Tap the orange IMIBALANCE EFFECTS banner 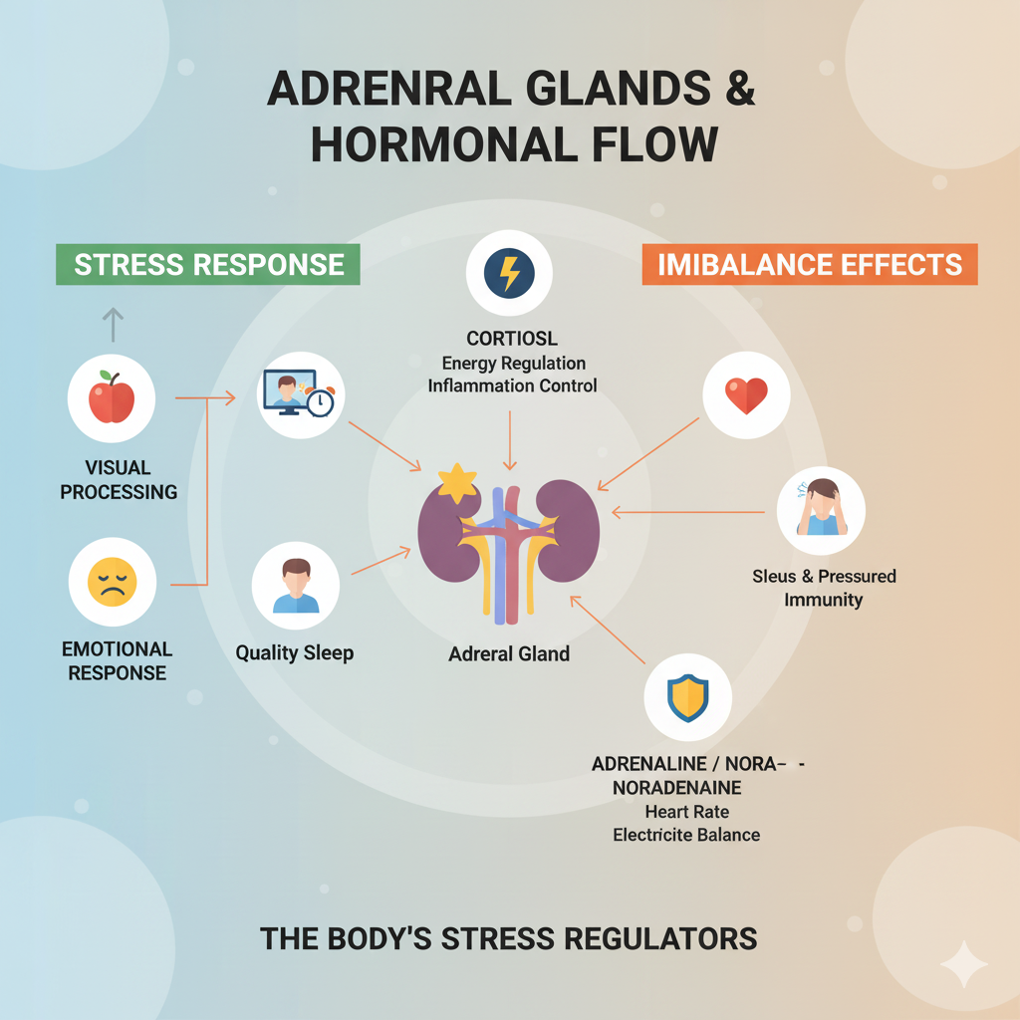coord(810,264)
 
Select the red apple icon coord(112,398)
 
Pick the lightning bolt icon coord(509,272)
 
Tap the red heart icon coord(746,395)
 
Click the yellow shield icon coord(688,697)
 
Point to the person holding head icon coord(821,509)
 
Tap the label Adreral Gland coord(509,654)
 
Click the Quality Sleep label coord(295,654)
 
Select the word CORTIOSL coord(512,339)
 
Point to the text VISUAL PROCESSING coord(119,479)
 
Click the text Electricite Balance coord(686,835)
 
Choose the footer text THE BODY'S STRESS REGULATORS coord(509,938)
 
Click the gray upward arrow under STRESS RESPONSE coord(113,325)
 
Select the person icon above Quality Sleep coord(296,586)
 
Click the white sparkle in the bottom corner coord(963,963)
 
